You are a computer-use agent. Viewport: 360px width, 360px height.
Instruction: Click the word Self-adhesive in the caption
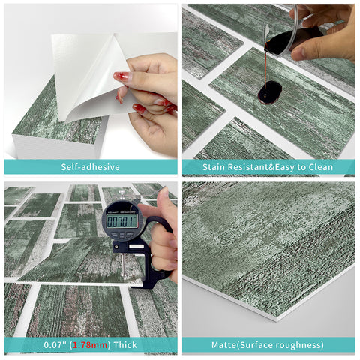(x=90, y=167)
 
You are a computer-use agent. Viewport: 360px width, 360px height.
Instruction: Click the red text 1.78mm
(x=90, y=345)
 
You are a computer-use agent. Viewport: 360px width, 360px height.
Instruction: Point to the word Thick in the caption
(x=125, y=345)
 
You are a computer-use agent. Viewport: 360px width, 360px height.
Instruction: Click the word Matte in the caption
(x=224, y=345)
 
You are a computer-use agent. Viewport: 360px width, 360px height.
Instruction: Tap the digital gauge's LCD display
(x=122, y=220)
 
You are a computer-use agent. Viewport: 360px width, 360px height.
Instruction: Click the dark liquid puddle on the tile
(x=270, y=93)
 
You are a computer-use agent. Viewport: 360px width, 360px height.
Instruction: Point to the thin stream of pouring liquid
(x=265, y=67)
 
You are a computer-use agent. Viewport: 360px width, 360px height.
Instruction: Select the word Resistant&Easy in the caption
(x=262, y=167)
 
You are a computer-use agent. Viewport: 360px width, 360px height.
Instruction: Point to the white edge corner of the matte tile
(x=277, y=320)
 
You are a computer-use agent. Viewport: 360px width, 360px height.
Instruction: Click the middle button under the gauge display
(x=122, y=235)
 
